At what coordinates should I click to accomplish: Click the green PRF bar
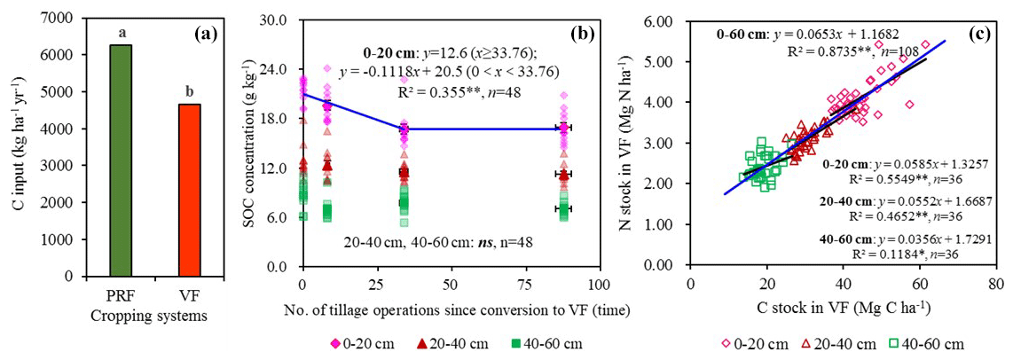120,160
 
